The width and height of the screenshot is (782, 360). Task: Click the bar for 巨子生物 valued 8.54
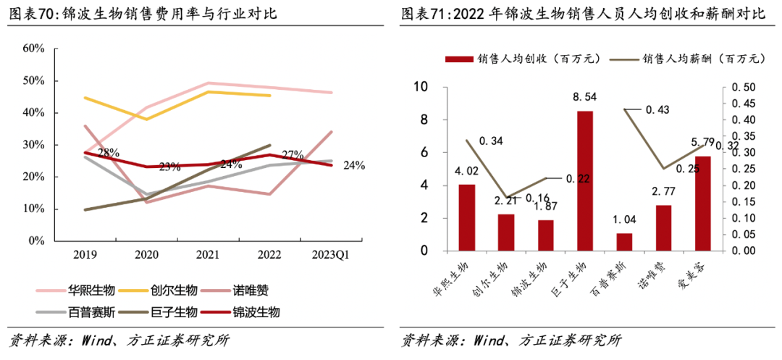(585, 181)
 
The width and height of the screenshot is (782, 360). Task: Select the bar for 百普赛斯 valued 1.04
(624, 243)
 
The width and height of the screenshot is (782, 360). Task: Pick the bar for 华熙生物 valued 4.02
(467, 218)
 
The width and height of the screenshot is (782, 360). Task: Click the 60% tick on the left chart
(34, 49)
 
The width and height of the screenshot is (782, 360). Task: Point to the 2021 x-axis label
(207, 255)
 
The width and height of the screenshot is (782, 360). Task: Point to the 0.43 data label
(657, 109)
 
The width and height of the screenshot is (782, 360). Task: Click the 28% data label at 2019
(108, 153)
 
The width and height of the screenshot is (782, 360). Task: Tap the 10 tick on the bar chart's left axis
(421, 88)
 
